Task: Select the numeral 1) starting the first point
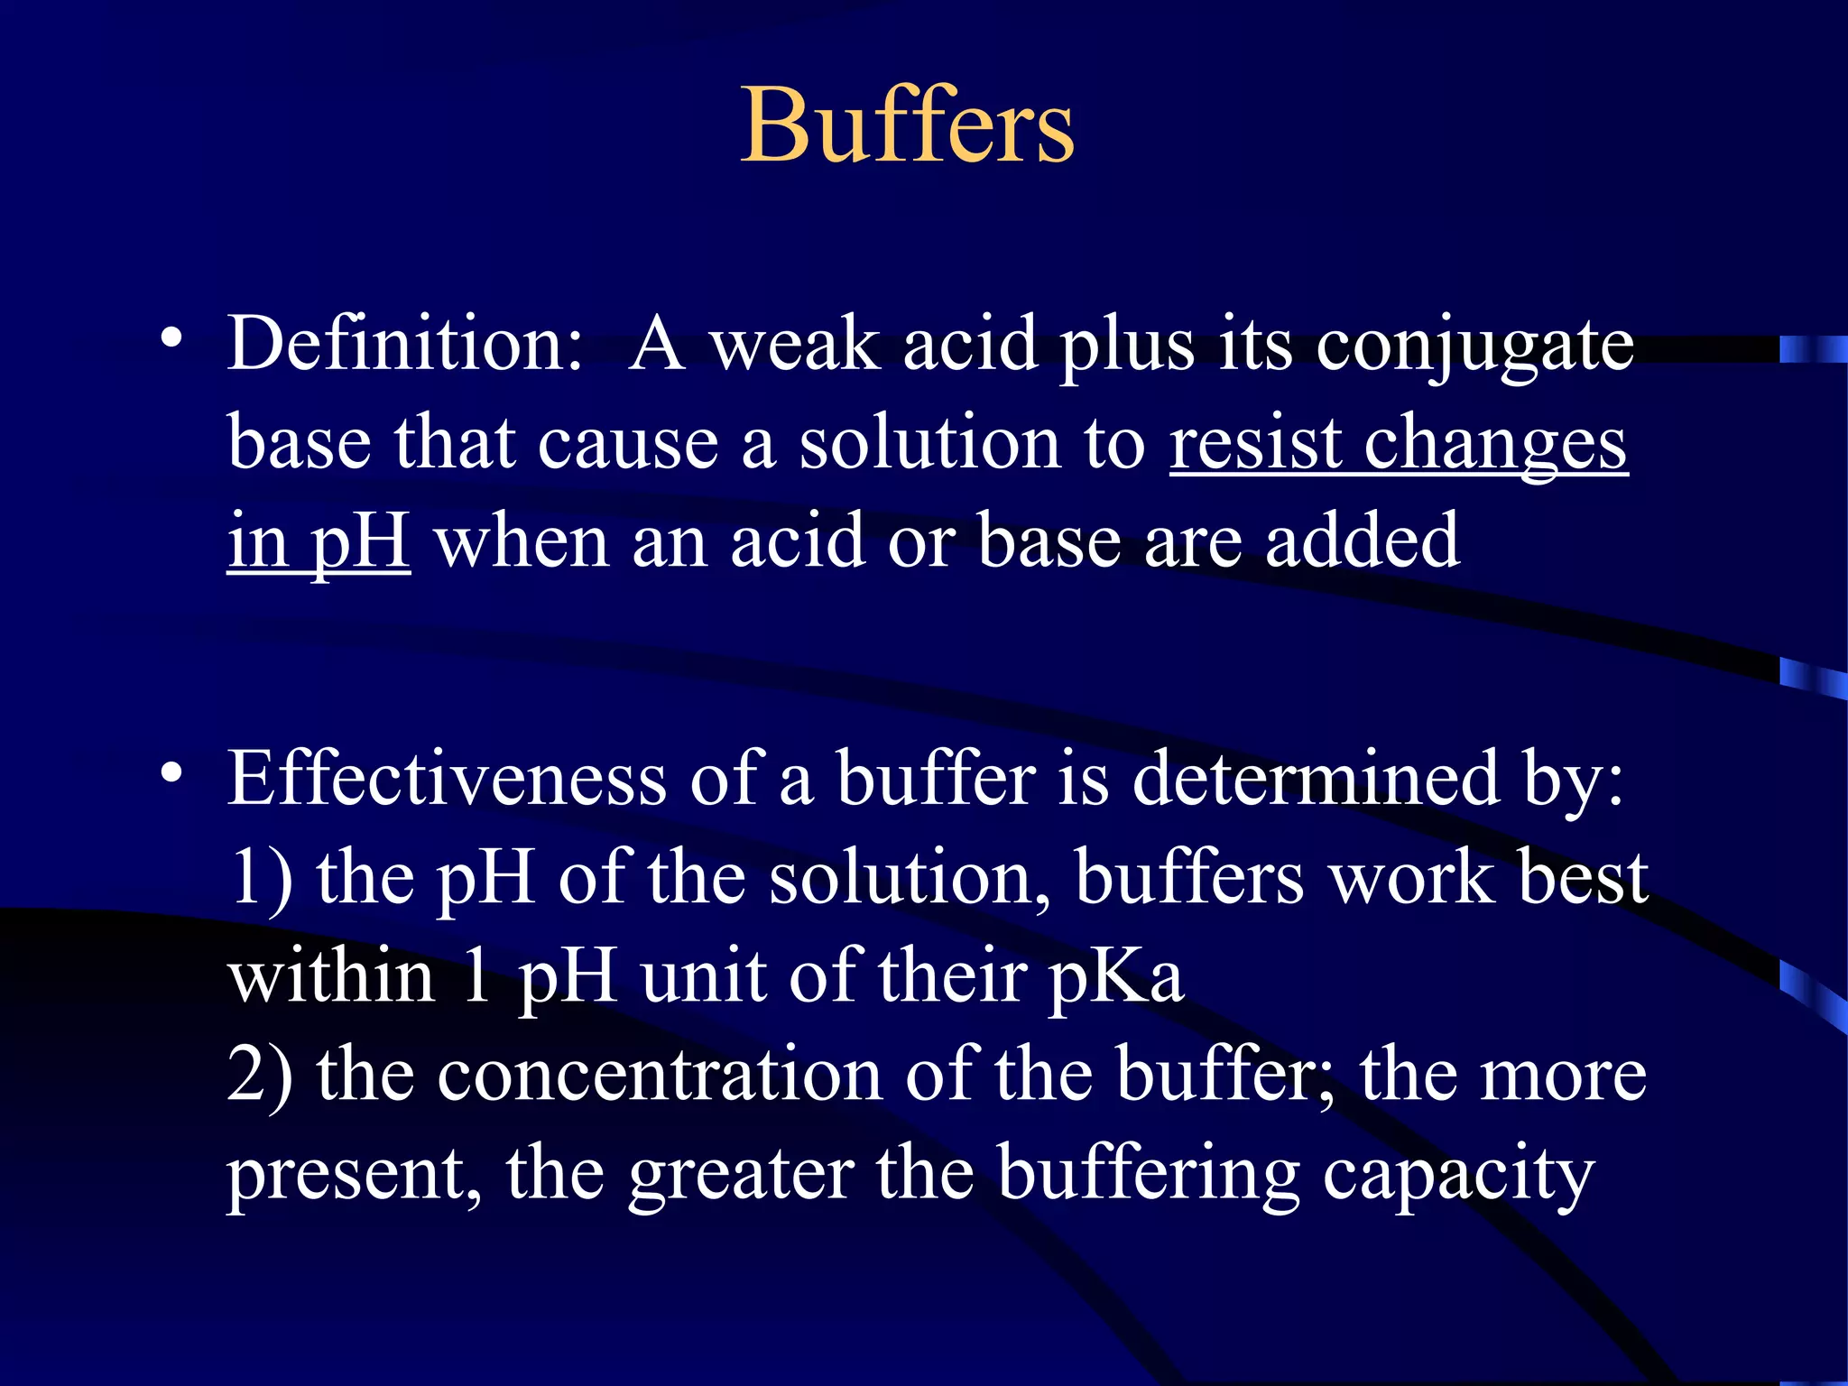262,877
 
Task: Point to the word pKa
1115,978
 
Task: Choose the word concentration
660,1074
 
